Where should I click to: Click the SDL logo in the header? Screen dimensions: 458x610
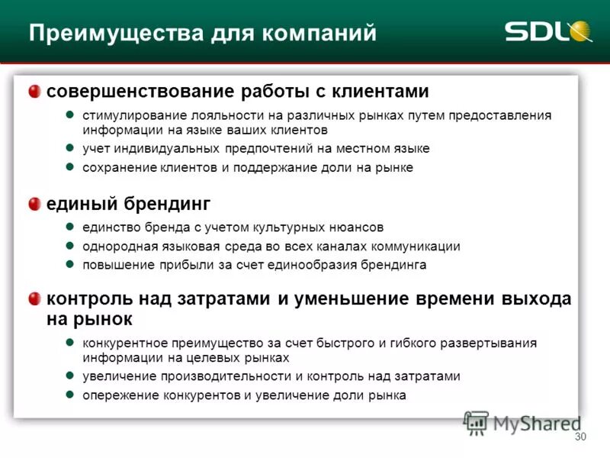pos(547,32)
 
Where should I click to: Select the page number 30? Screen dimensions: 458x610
pos(580,437)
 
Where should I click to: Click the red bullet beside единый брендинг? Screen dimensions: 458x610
pos(35,204)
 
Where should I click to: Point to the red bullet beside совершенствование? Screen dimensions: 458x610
pos(35,92)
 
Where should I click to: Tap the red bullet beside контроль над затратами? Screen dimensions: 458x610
pos(35,298)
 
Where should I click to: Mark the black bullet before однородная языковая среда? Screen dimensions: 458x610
pos(68,246)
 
